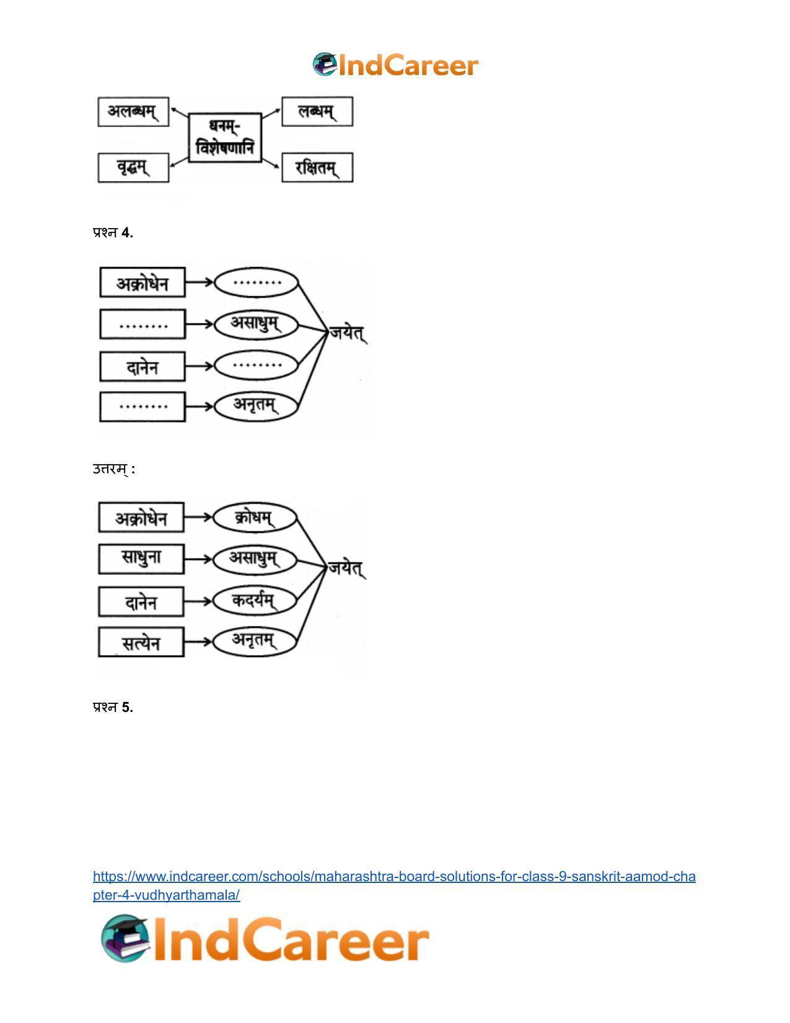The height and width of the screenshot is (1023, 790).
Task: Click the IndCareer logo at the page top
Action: point(395,64)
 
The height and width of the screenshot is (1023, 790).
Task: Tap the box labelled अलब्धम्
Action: point(133,112)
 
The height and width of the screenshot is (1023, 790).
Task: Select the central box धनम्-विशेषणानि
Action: point(224,138)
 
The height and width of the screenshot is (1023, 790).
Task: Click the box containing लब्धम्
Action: point(317,112)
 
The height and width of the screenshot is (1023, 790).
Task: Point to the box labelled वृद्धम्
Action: point(133,167)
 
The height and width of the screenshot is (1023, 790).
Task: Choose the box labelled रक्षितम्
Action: point(317,167)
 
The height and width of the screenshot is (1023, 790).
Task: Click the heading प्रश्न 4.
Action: point(113,232)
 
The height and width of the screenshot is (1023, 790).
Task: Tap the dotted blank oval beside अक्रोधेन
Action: point(256,283)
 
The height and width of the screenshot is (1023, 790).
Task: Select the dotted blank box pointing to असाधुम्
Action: point(143,324)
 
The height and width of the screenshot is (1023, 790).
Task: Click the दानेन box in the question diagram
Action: point(143,366)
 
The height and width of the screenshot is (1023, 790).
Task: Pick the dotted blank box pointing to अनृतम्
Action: point(143,406)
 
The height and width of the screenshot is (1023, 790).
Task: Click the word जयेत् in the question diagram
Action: point(348,333)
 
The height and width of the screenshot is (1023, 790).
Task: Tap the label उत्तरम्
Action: point(114,469)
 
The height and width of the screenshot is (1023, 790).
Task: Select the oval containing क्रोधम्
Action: point(255,517)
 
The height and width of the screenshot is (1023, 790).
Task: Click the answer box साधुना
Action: point(141,559)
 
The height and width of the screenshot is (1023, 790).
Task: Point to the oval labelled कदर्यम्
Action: point(255,600)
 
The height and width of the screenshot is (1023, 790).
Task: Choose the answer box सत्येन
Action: point(141,642)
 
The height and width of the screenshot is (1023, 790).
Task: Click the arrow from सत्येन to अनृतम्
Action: point(198,642)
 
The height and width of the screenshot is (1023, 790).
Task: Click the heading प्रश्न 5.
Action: point(113,707)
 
